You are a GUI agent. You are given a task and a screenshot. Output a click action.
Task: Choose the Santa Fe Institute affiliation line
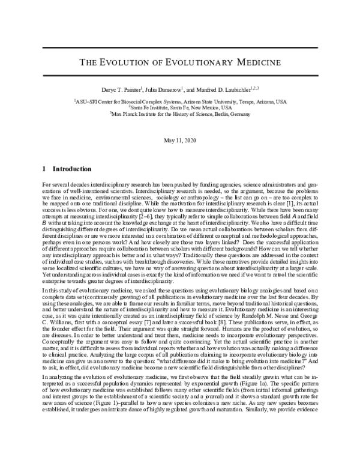180,107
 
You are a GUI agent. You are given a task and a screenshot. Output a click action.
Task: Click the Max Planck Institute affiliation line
180,115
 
